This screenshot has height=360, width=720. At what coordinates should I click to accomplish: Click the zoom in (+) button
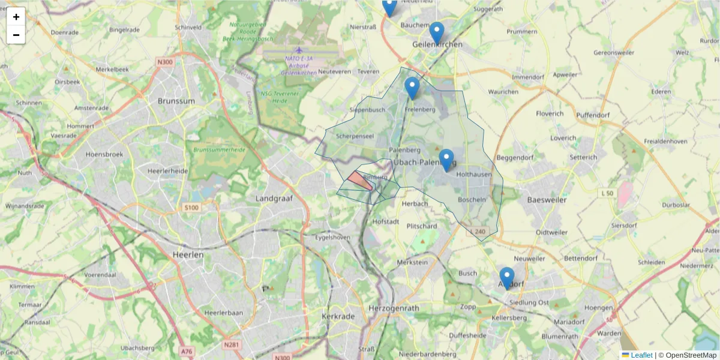point(16,17)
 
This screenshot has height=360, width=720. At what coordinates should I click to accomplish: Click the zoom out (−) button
point(16,35)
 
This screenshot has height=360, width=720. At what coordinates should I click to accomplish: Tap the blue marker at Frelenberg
point(412,88)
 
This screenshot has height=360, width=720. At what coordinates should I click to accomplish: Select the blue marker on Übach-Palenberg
point(446,160)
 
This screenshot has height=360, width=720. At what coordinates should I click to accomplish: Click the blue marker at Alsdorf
point(507,278)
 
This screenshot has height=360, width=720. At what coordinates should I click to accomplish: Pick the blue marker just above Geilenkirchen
point(437,33)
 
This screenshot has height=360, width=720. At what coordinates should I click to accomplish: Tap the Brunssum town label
point(176,101)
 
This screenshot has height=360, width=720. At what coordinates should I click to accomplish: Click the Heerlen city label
point(188,254)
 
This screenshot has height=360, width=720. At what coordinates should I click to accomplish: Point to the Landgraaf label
point(273,198)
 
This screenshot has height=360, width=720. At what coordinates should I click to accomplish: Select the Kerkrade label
point(339,316)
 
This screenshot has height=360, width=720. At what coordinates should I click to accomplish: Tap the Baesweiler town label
point(547,200)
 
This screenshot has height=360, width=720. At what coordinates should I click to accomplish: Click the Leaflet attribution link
point(641,355)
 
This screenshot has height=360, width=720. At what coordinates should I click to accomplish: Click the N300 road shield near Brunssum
point(164,62)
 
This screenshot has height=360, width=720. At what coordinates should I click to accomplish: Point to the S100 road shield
point(191,208)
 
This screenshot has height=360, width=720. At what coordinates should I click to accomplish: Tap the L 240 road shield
point(478,232)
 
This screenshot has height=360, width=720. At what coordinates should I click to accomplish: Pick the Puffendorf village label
point(592,115)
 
